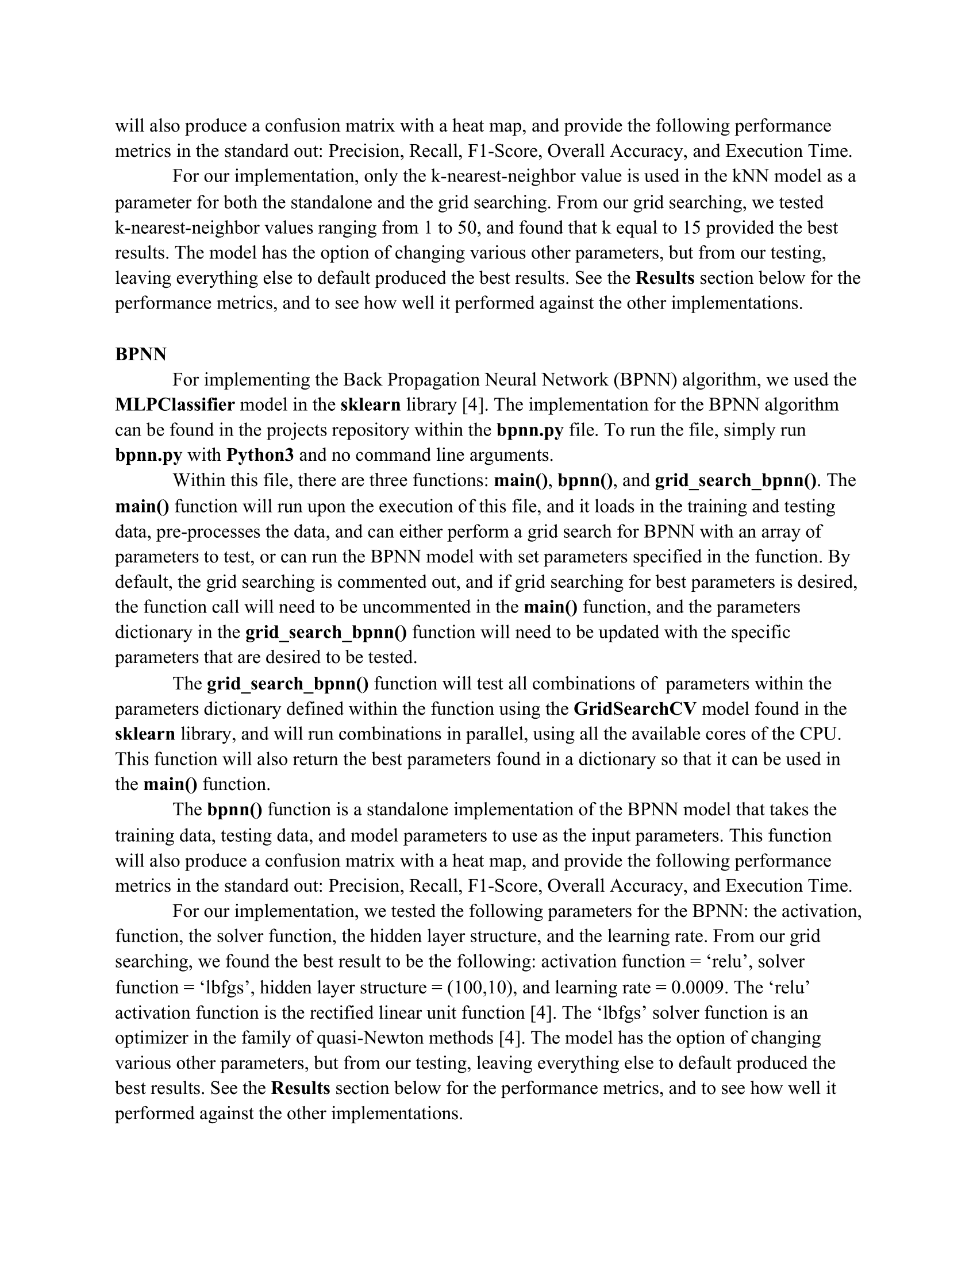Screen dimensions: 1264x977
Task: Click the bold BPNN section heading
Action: [141, 354]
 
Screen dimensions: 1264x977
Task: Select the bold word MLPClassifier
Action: [175, 404]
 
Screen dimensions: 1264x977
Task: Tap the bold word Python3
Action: [260, 455]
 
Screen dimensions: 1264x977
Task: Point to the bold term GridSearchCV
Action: [634, 709]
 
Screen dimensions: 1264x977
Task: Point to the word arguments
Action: [514, 455]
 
